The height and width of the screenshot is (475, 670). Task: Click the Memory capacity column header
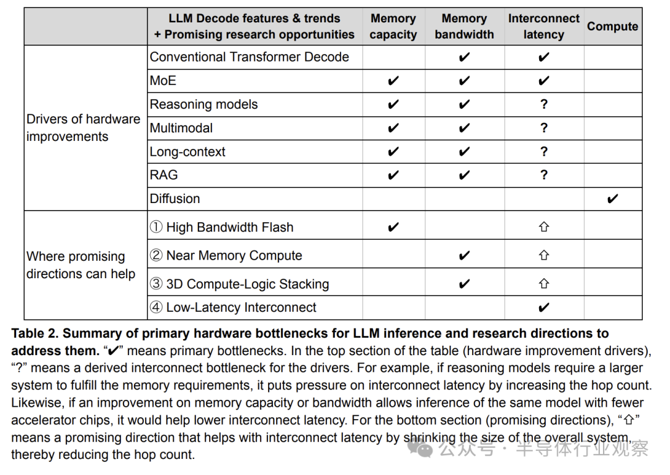tap(393, 27)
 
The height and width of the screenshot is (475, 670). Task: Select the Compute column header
tap(612, 27)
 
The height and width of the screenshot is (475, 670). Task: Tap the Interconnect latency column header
tap(543, 27)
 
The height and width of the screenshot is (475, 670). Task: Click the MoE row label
tap(163, 81)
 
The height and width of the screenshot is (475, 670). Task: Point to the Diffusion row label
tap(175, 199)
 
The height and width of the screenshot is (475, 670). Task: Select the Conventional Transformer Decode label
tap(249, 57)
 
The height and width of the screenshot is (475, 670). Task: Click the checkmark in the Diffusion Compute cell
tap(612, 199)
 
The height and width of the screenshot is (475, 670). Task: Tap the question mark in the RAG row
tap(543, 175)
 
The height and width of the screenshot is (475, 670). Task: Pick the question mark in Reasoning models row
tap(543, 104)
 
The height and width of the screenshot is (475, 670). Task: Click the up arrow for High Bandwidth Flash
tap(543, 227)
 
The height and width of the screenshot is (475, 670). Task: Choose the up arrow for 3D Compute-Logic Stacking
tap(543, 284)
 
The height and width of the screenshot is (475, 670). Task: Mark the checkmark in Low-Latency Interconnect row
tap(543, 307)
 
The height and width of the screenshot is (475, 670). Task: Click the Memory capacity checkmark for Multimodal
tap(393, 129)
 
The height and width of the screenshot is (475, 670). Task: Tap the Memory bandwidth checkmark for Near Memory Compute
tap(464, 255)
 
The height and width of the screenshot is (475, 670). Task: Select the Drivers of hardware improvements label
tap(83, 128)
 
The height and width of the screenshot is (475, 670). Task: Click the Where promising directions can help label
tap(81, 265)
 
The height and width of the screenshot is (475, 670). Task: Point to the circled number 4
tap(156, 307)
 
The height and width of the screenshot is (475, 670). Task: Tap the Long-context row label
tap(187, 152)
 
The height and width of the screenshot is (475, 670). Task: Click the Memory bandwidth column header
tap(464, 27)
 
